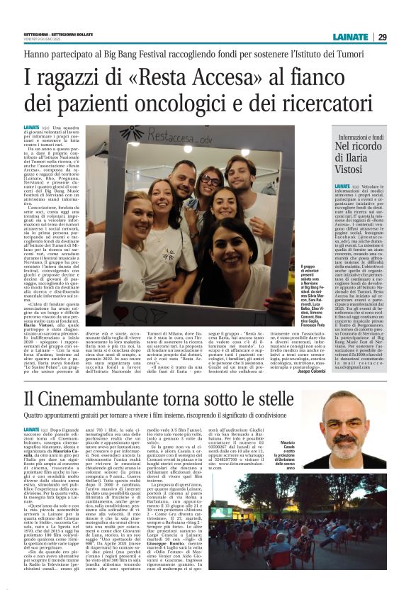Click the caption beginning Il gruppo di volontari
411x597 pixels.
pyautogui.click(x=286, y=288)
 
